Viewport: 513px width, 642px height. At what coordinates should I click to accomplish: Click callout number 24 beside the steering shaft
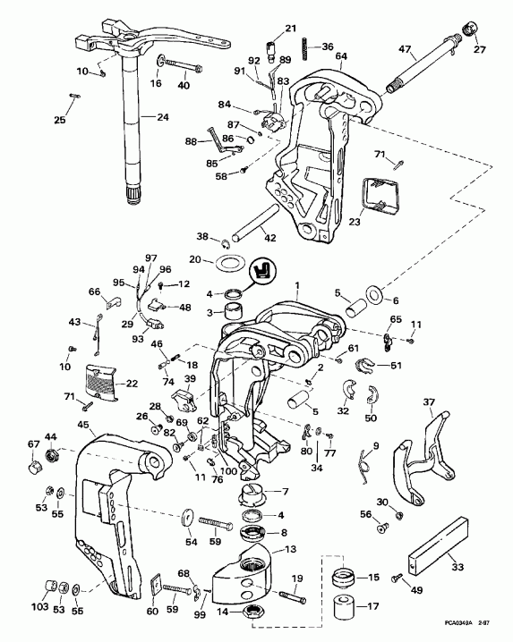(x=162, y=116)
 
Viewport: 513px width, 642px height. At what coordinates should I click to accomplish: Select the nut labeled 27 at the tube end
(x=467, y=35)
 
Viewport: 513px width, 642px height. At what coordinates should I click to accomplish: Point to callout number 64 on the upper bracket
(x=341, y=56)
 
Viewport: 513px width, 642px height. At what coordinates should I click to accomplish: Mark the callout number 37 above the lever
(x=429, y=401)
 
